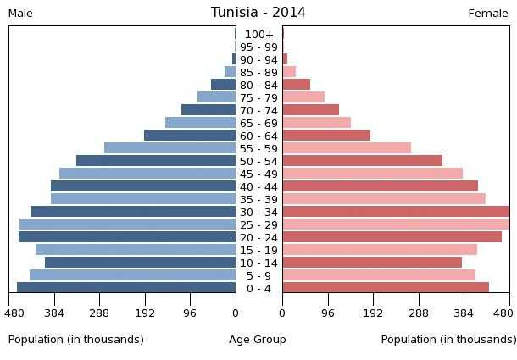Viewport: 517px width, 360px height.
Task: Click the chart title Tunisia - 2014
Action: pyautogui.click(x=258, y=13)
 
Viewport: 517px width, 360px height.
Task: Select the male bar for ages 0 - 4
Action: pyautogui.click(x=126, y=288)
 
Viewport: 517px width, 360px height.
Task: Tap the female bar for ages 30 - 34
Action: pyautogui.click(x=396, y=212)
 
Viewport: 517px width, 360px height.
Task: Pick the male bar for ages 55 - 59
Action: pyautogui.click(x=170, y=148)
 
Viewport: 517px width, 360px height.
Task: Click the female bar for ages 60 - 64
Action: pyautogui.click(x=326, y=136)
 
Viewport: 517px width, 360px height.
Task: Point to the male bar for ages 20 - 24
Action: pyautogui.click(x=127, y=237)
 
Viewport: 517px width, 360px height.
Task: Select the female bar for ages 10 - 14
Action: pyautogui.click(x=372, y=263)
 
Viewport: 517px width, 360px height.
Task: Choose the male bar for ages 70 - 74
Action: pyautogui.click(x=208, y=110)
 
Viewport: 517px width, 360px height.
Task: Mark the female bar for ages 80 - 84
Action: pyautogui.click(x=296, y=85)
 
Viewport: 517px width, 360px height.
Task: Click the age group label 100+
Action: pyautogui.click(x=258, y=35)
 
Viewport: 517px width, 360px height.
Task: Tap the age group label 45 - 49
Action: pyautogui.click(x=258, y=174)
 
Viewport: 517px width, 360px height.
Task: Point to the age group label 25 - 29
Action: pyautogui.click(x=258, y=225)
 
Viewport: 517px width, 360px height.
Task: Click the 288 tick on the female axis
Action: pyautogui.click(x=419, y=313)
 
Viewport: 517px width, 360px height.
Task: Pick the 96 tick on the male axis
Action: pyautogui.click(x=190, y=313)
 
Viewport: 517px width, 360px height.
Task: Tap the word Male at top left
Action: pyautogui.click(x=20, y=14)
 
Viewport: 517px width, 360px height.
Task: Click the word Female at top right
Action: pyautogui.click(x=488, y=14)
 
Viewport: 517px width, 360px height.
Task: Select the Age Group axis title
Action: pyautogui.click(x=258, y=340)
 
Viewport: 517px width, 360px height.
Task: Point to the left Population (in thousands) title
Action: pyautogui.click(x=76, y=340)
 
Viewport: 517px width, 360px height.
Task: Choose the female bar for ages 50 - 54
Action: pyautogui.click(x=362, y=161)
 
